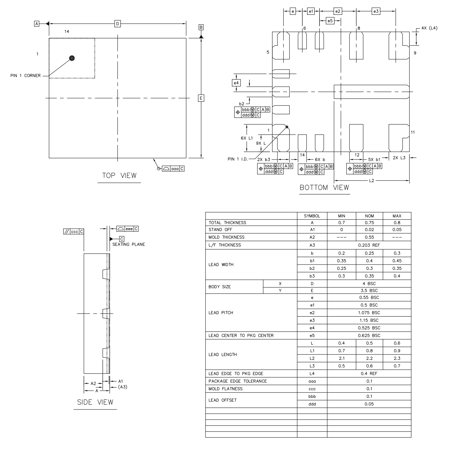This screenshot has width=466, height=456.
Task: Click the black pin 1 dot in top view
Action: (72, 58)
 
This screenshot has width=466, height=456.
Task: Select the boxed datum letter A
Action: (37, 24)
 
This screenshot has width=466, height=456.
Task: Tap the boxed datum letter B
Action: (201, 27)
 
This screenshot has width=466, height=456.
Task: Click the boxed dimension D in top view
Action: (117, 23)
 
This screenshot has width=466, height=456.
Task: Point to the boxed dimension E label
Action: (201, 98)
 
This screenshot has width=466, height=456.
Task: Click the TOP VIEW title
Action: (119, 176)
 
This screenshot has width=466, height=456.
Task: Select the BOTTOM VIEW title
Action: (324, 188)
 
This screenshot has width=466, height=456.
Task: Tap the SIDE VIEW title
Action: (95, 402)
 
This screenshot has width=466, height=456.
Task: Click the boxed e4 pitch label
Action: (236, 83)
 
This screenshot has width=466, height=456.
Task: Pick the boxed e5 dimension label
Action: (330, 21)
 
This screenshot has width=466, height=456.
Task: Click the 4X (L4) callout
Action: (429, 28)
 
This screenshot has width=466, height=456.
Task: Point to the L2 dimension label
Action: (372, 181)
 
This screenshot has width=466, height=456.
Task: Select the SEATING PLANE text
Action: (128, 244)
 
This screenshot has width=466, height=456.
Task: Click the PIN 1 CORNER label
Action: (25, 75)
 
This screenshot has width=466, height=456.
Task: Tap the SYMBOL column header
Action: (312, 216)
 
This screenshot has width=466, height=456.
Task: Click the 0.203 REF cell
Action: (369, 245)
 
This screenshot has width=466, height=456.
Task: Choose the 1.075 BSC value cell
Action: (369, 313)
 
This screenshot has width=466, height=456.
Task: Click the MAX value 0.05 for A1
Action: (397, 230)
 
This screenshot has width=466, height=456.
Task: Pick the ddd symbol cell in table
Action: (312, 404)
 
